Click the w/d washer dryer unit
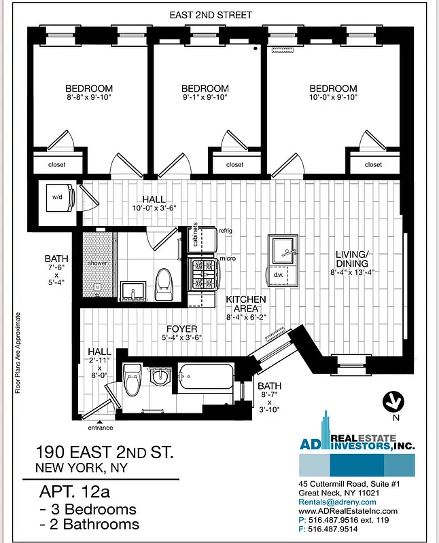[57, 197]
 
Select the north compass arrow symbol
[392, 401]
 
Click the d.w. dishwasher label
[279, 276]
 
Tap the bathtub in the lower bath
[205, 378]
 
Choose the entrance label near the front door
[100, 428]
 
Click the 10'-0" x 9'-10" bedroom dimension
[333, 98]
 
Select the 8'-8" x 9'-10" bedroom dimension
[89, 98]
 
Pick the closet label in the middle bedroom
[234, 164]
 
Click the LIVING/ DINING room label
[351, 259]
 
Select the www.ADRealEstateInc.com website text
[347, 510]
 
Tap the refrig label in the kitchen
[225, 231]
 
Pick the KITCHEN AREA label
[246, 303]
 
